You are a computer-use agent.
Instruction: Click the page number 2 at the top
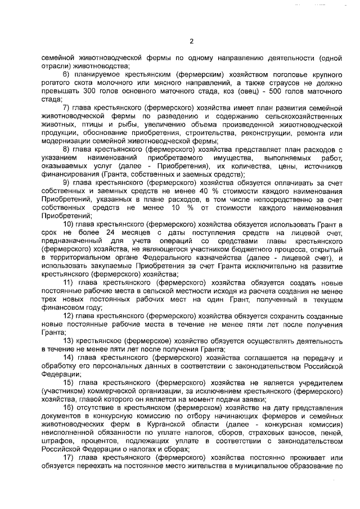[191, 41]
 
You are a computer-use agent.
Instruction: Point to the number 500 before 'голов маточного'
[275, 91]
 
